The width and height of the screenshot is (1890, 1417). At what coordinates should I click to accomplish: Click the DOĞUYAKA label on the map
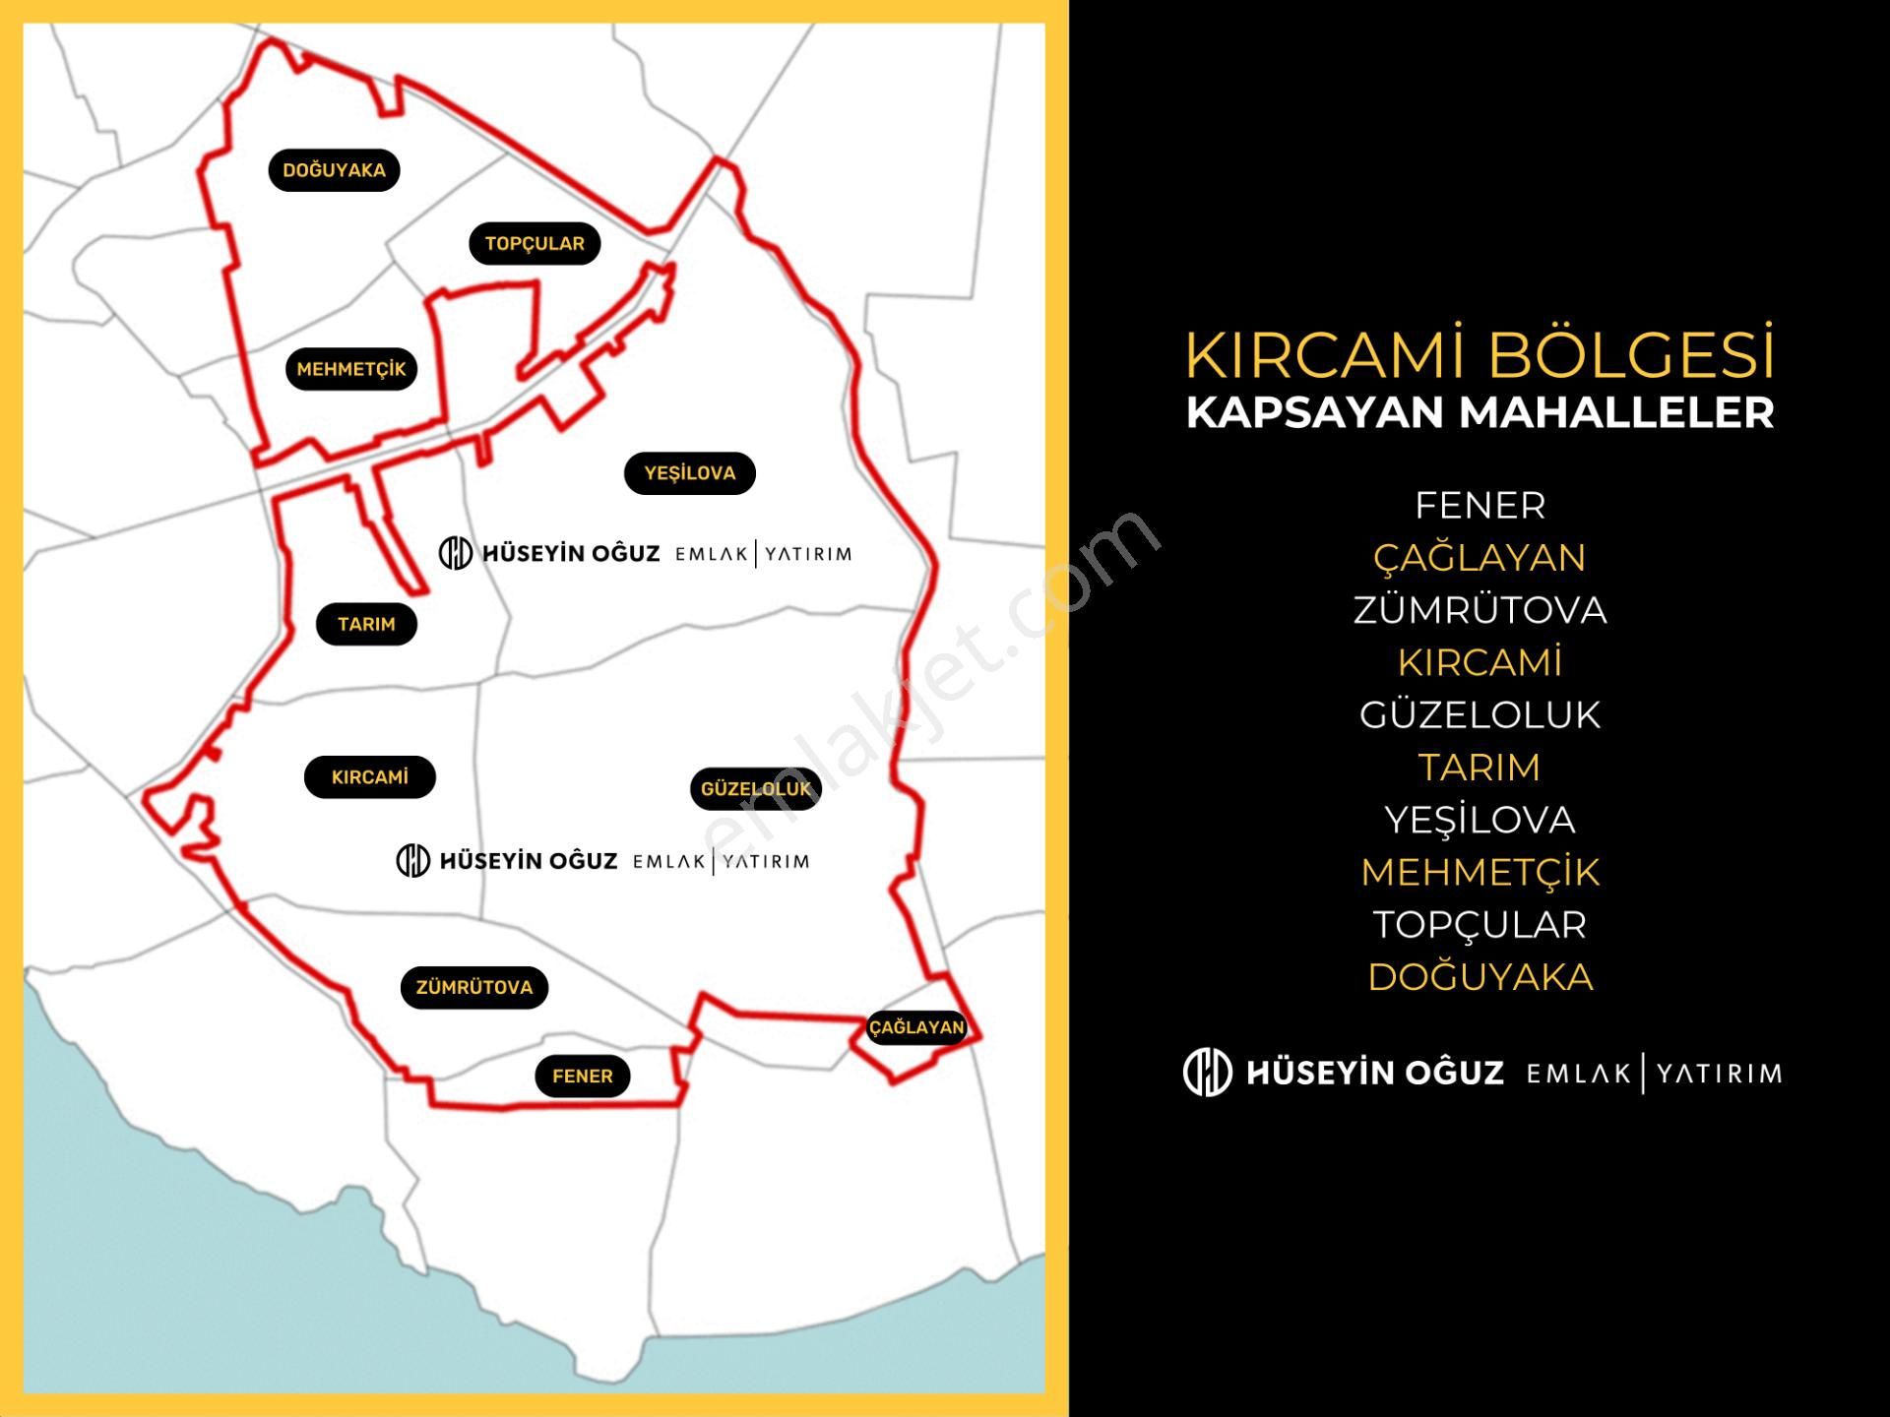pos(334,170)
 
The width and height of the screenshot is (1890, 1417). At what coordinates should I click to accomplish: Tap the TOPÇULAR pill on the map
pos(535,243)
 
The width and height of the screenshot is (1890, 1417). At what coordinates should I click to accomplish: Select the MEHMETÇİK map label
pos(351,369)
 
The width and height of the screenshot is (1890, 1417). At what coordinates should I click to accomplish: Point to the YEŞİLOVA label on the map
pos(689,473)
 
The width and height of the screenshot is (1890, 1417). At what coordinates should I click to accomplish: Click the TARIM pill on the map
pos(366,624)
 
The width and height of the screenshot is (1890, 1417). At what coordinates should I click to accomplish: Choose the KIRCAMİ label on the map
pos(369,777)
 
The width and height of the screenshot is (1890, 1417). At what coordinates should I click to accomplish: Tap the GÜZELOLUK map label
pos(755,789)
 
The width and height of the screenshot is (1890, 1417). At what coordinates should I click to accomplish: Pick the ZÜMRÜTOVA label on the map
pos(473,987)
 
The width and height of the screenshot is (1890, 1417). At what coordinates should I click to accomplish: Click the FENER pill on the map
pos(582,1076)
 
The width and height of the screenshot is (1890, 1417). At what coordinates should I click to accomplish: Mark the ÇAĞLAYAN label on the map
pos(916,1027)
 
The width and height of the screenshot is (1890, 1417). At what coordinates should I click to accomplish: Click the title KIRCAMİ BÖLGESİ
pos(1480,354)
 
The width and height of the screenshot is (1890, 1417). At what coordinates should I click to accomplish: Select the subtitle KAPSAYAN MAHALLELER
pos(1480,412)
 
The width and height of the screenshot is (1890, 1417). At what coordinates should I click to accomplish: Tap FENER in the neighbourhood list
pos(1480,506)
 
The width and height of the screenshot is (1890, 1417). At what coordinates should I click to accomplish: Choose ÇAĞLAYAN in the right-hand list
pos(1480,558)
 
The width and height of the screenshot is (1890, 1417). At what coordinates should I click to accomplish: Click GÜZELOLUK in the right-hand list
pos(1480,715)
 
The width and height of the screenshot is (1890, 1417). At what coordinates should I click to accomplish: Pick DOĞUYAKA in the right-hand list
pos(1480,977)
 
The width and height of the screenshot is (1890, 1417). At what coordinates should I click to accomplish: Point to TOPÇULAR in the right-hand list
pos(1480,925)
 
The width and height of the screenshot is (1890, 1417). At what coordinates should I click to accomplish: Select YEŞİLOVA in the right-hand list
pos(1480,820)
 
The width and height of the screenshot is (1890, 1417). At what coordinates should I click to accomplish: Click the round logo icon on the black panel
pos(1207,1072)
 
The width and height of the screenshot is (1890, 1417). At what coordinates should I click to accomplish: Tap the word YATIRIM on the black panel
pos(1719,1073)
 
